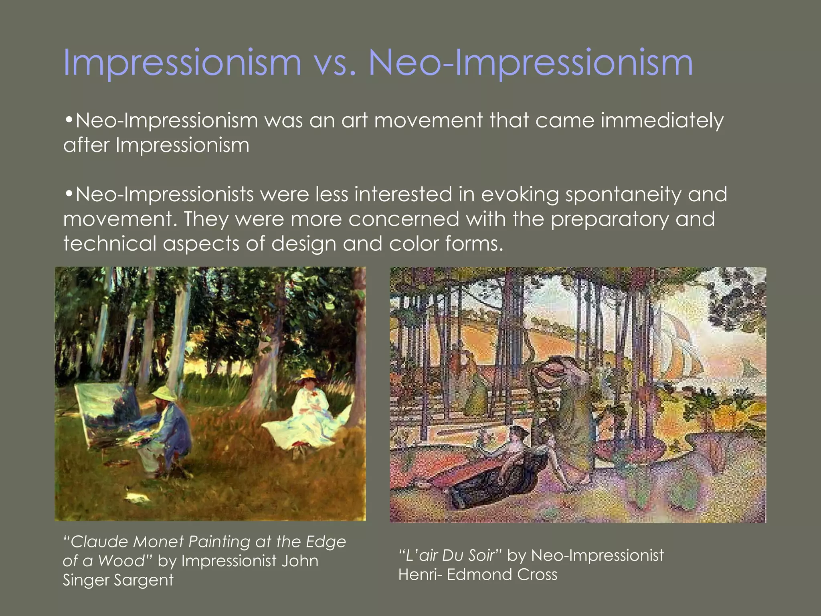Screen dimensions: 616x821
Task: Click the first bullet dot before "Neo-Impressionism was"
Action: [x=69, y=120]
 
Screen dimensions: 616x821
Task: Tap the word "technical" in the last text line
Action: [x=109, y=244]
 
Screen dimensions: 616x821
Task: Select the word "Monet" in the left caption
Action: [x=158, y=542]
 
